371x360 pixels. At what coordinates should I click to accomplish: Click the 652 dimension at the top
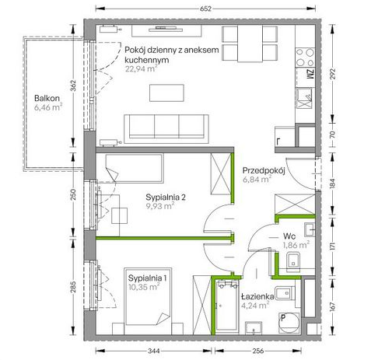point(205,9)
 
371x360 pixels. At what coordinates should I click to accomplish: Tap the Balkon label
point(47,98)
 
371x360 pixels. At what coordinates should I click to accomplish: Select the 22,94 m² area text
point(142,69)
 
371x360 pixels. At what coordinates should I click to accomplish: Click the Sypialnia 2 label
point(166,197)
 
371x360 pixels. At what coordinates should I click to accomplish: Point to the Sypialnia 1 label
point(147,278)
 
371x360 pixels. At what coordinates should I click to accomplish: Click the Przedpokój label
point(264,170)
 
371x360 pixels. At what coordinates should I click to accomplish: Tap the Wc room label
point(289,236)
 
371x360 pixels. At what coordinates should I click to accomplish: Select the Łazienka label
point(257,296)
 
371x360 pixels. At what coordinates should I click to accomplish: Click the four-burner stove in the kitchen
point(305,57)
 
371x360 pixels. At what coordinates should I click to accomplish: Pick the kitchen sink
point(304,98)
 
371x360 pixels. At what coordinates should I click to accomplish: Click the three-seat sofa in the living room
point(166,129)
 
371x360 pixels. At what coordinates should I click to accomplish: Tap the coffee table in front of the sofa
point(166,93)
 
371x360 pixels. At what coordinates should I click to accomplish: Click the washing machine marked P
point(289,323)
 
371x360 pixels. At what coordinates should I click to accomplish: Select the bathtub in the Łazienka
point(227,306)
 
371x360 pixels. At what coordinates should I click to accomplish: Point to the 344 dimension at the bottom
point(154,351)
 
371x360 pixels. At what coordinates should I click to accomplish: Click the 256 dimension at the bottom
point(258,351)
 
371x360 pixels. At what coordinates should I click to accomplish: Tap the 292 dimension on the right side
point(333,74)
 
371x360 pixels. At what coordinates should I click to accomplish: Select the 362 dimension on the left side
point(73,86)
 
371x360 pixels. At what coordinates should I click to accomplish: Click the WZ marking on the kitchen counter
point(310,74)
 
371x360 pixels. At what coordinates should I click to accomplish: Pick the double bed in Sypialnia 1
point(148,296)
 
